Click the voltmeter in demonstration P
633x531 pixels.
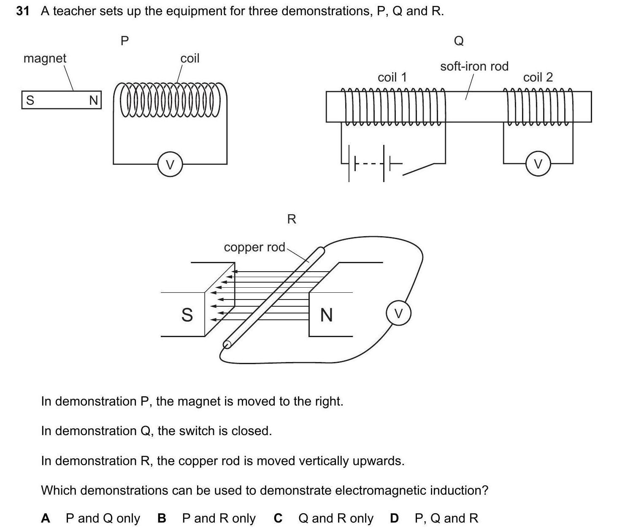(170, 164)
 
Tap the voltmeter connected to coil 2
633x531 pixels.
(538, 164)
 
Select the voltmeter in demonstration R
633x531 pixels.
(398, 313)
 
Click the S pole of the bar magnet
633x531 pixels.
(30, 100)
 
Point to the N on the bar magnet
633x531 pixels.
(93, 100)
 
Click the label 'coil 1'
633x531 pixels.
(392, 77)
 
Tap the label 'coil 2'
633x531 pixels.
(538, 77)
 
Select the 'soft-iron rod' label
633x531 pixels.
(474, 66)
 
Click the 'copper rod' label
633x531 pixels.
(254, 247)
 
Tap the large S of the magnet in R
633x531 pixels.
(187, 315)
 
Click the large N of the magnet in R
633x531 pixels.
(326, 315)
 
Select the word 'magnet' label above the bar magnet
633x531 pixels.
(45, 58)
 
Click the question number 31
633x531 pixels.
(23, 11)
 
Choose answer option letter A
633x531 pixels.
(46, 518)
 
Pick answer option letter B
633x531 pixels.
(162, 518)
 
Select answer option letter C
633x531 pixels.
(278, 518)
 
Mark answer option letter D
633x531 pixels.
(394, 518)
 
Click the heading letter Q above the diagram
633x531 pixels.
(459, 41)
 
